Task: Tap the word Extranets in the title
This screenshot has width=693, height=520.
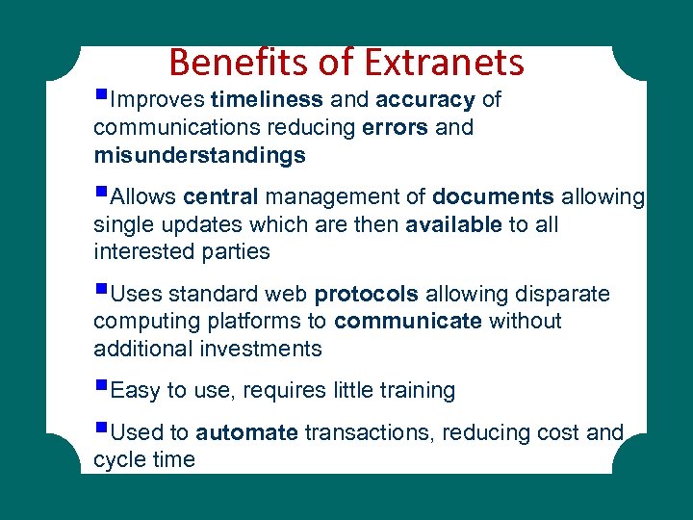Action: click(x=445, y=63)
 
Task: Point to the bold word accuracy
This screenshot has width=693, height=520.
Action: click(x=425, y=100)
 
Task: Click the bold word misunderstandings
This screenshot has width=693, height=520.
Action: click(x=199, y=155)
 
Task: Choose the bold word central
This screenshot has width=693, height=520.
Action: click(x=220, y=197)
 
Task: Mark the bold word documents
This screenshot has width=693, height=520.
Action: click(x=493, y=197)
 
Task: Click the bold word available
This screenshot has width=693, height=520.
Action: click(x=454, y=224)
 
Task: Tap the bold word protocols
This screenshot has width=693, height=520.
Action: click(x=367, y=294)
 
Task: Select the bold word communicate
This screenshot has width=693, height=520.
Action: click(x=408, y=321)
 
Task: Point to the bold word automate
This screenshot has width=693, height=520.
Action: click(x=246, y=433)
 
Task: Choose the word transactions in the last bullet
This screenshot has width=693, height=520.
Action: click(x=371, y=433)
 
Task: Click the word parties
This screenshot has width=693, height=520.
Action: click(x=238, y=252)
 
